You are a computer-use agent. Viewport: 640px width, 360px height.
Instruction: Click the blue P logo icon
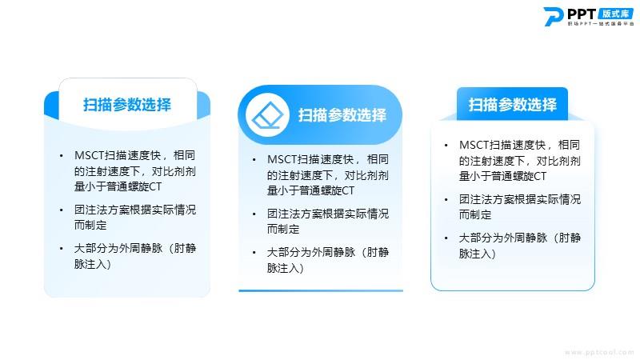[x=554, y=16]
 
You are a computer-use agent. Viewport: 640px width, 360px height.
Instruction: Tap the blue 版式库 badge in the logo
[x=616, y=14]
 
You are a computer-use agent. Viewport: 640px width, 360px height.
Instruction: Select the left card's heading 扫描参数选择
[x=127, y=105]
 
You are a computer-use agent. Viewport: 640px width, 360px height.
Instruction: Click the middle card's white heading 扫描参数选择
[x=342, y=115]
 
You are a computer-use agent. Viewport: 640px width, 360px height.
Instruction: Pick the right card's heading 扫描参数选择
[x=512, y=105]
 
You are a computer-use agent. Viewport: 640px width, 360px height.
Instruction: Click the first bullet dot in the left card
[x=62, y=155]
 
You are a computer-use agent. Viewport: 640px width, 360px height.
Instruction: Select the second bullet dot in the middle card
[x=254, y=214]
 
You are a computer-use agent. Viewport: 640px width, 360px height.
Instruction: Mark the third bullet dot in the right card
[x=446, y=238]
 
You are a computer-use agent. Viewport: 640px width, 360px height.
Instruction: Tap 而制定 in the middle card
[x=283, y=229]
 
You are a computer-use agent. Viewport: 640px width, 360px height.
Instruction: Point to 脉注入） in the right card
[x=478, y=254]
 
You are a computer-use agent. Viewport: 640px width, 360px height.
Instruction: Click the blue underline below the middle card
[x=321, y=290]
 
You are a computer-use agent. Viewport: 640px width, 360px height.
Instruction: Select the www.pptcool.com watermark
[x=599, y=352]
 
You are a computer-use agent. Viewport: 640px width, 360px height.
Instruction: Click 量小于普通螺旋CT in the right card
[x=502, y=176]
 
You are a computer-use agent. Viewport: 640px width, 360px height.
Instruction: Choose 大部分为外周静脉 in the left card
[x=118, y=248]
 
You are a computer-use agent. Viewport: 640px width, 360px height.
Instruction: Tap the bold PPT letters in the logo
[x=582, y=14]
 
